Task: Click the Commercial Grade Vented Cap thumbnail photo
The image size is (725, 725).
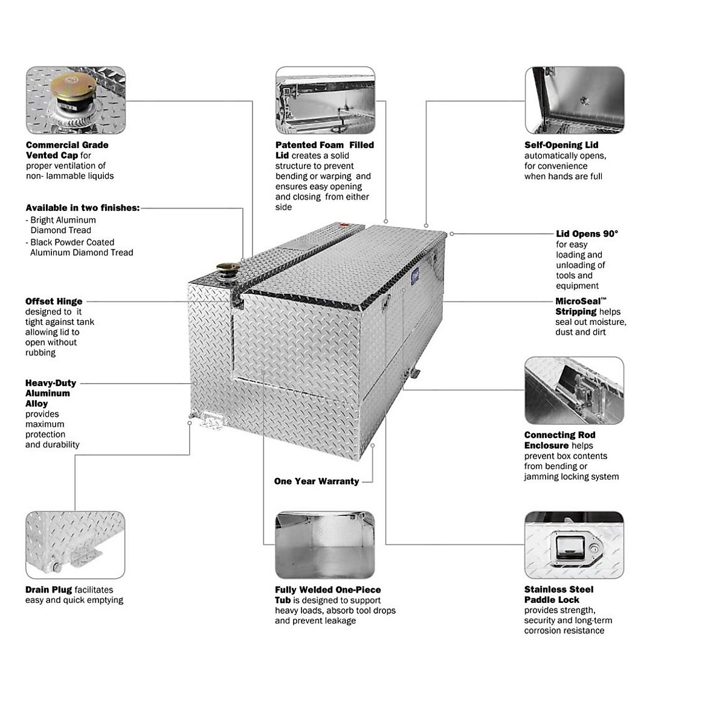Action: pos(76,100)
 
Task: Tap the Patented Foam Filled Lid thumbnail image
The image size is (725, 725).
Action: pos(325,100)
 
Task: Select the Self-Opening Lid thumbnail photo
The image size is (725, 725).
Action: pos(574,100)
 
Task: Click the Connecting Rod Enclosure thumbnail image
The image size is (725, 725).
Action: pos(574,390)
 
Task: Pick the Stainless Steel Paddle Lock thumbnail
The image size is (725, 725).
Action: pos(574,545)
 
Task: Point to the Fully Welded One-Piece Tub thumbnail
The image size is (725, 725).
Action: pos(325,545)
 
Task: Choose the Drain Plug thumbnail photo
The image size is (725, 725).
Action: pos(76,545)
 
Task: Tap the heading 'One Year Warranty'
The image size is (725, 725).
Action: pos(317,482)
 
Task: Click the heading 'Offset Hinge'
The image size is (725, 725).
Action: pos(54,301)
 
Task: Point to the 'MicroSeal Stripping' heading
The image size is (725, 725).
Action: pos(581,306)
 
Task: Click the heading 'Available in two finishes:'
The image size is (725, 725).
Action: pos(83,208)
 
